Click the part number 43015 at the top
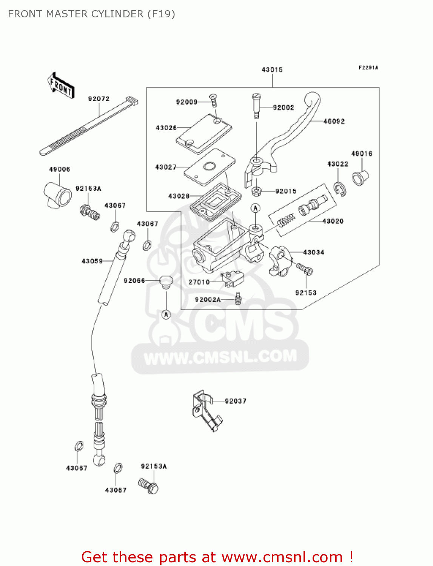pos(272,70)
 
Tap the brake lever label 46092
pos(334,122)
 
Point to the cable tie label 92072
pos(99,99)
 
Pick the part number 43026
pos(166,128)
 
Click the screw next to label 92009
pos(214,100)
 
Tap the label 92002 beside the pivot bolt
pos(283,108)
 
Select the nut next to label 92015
pos(257,191)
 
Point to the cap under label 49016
pos(360,177)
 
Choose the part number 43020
pos(333,221)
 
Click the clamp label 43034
pos(313,252)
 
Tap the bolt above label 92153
pos(305,269)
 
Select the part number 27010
pos(199,282)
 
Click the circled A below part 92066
pos(166,314)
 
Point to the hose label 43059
pos(92,261)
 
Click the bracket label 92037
pos(235,401)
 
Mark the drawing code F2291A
pos(368,68)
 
